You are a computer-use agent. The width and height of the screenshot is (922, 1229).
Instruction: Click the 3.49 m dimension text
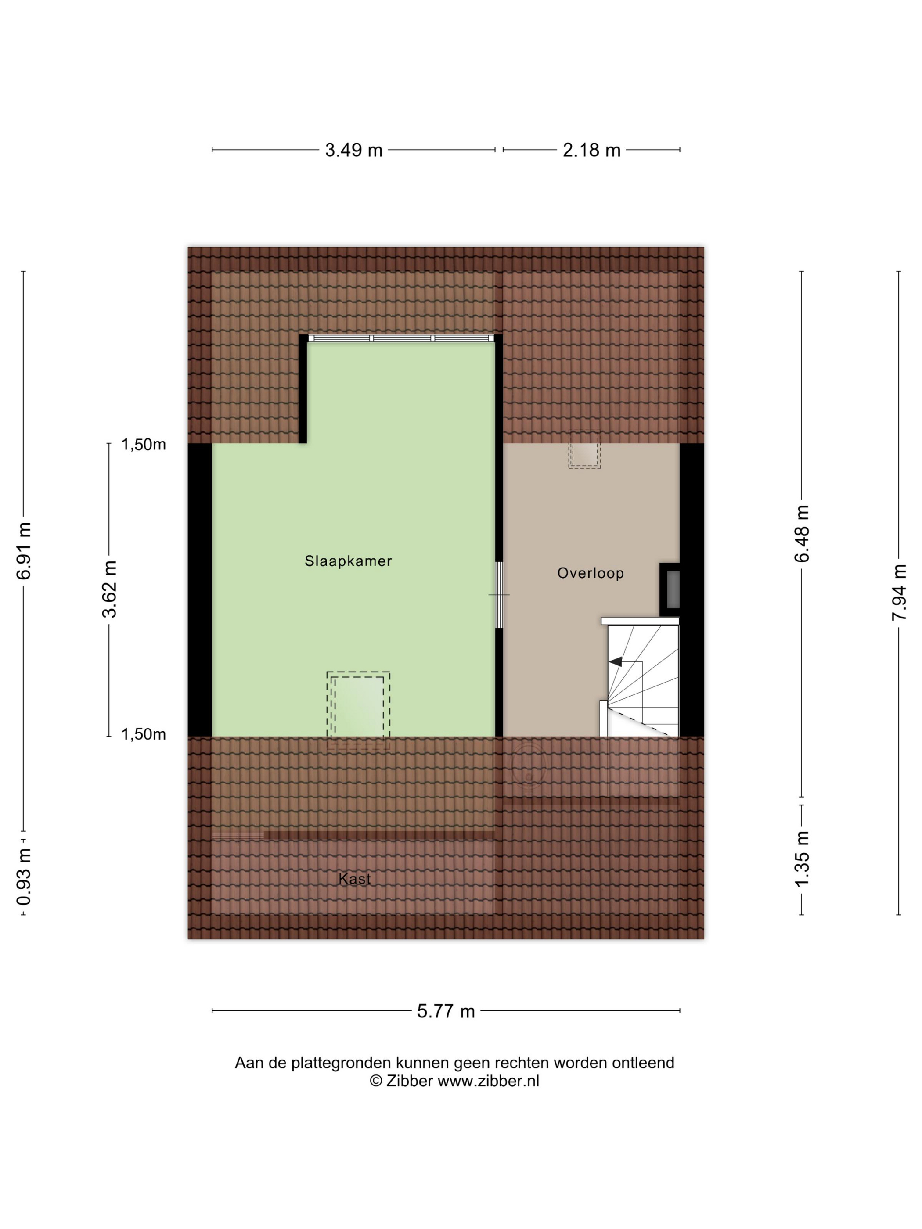pyautogui.click(x=353, y=150)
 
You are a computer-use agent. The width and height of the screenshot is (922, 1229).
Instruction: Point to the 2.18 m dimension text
pyautogui.click(x=591, y=150)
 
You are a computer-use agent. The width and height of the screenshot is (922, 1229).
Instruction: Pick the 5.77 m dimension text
pyautogui.click(x=446, y=1011)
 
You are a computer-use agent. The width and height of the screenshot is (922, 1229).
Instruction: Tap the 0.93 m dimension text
pyautogui.click(x=24, y=884)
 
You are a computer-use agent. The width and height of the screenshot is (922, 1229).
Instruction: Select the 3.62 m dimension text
pyautogui.click(x=109, y=589)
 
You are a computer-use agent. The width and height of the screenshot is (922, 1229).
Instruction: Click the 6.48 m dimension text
pyautogui.click(x=802, y=534)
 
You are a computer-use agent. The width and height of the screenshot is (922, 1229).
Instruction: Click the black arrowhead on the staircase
pyautogui.click(x=616, y=661)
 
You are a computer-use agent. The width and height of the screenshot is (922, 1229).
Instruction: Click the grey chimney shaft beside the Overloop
pyautogui.click(x=673, y=589)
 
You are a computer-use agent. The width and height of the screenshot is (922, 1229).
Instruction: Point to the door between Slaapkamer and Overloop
pyautogui.click(x=499, y=595)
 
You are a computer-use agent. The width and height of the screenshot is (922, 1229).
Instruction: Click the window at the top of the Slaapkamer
pyautogui.click(x=401, y=338)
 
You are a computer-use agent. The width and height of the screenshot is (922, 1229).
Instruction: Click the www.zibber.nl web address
pyautogui.click(x=488, y=1081)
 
